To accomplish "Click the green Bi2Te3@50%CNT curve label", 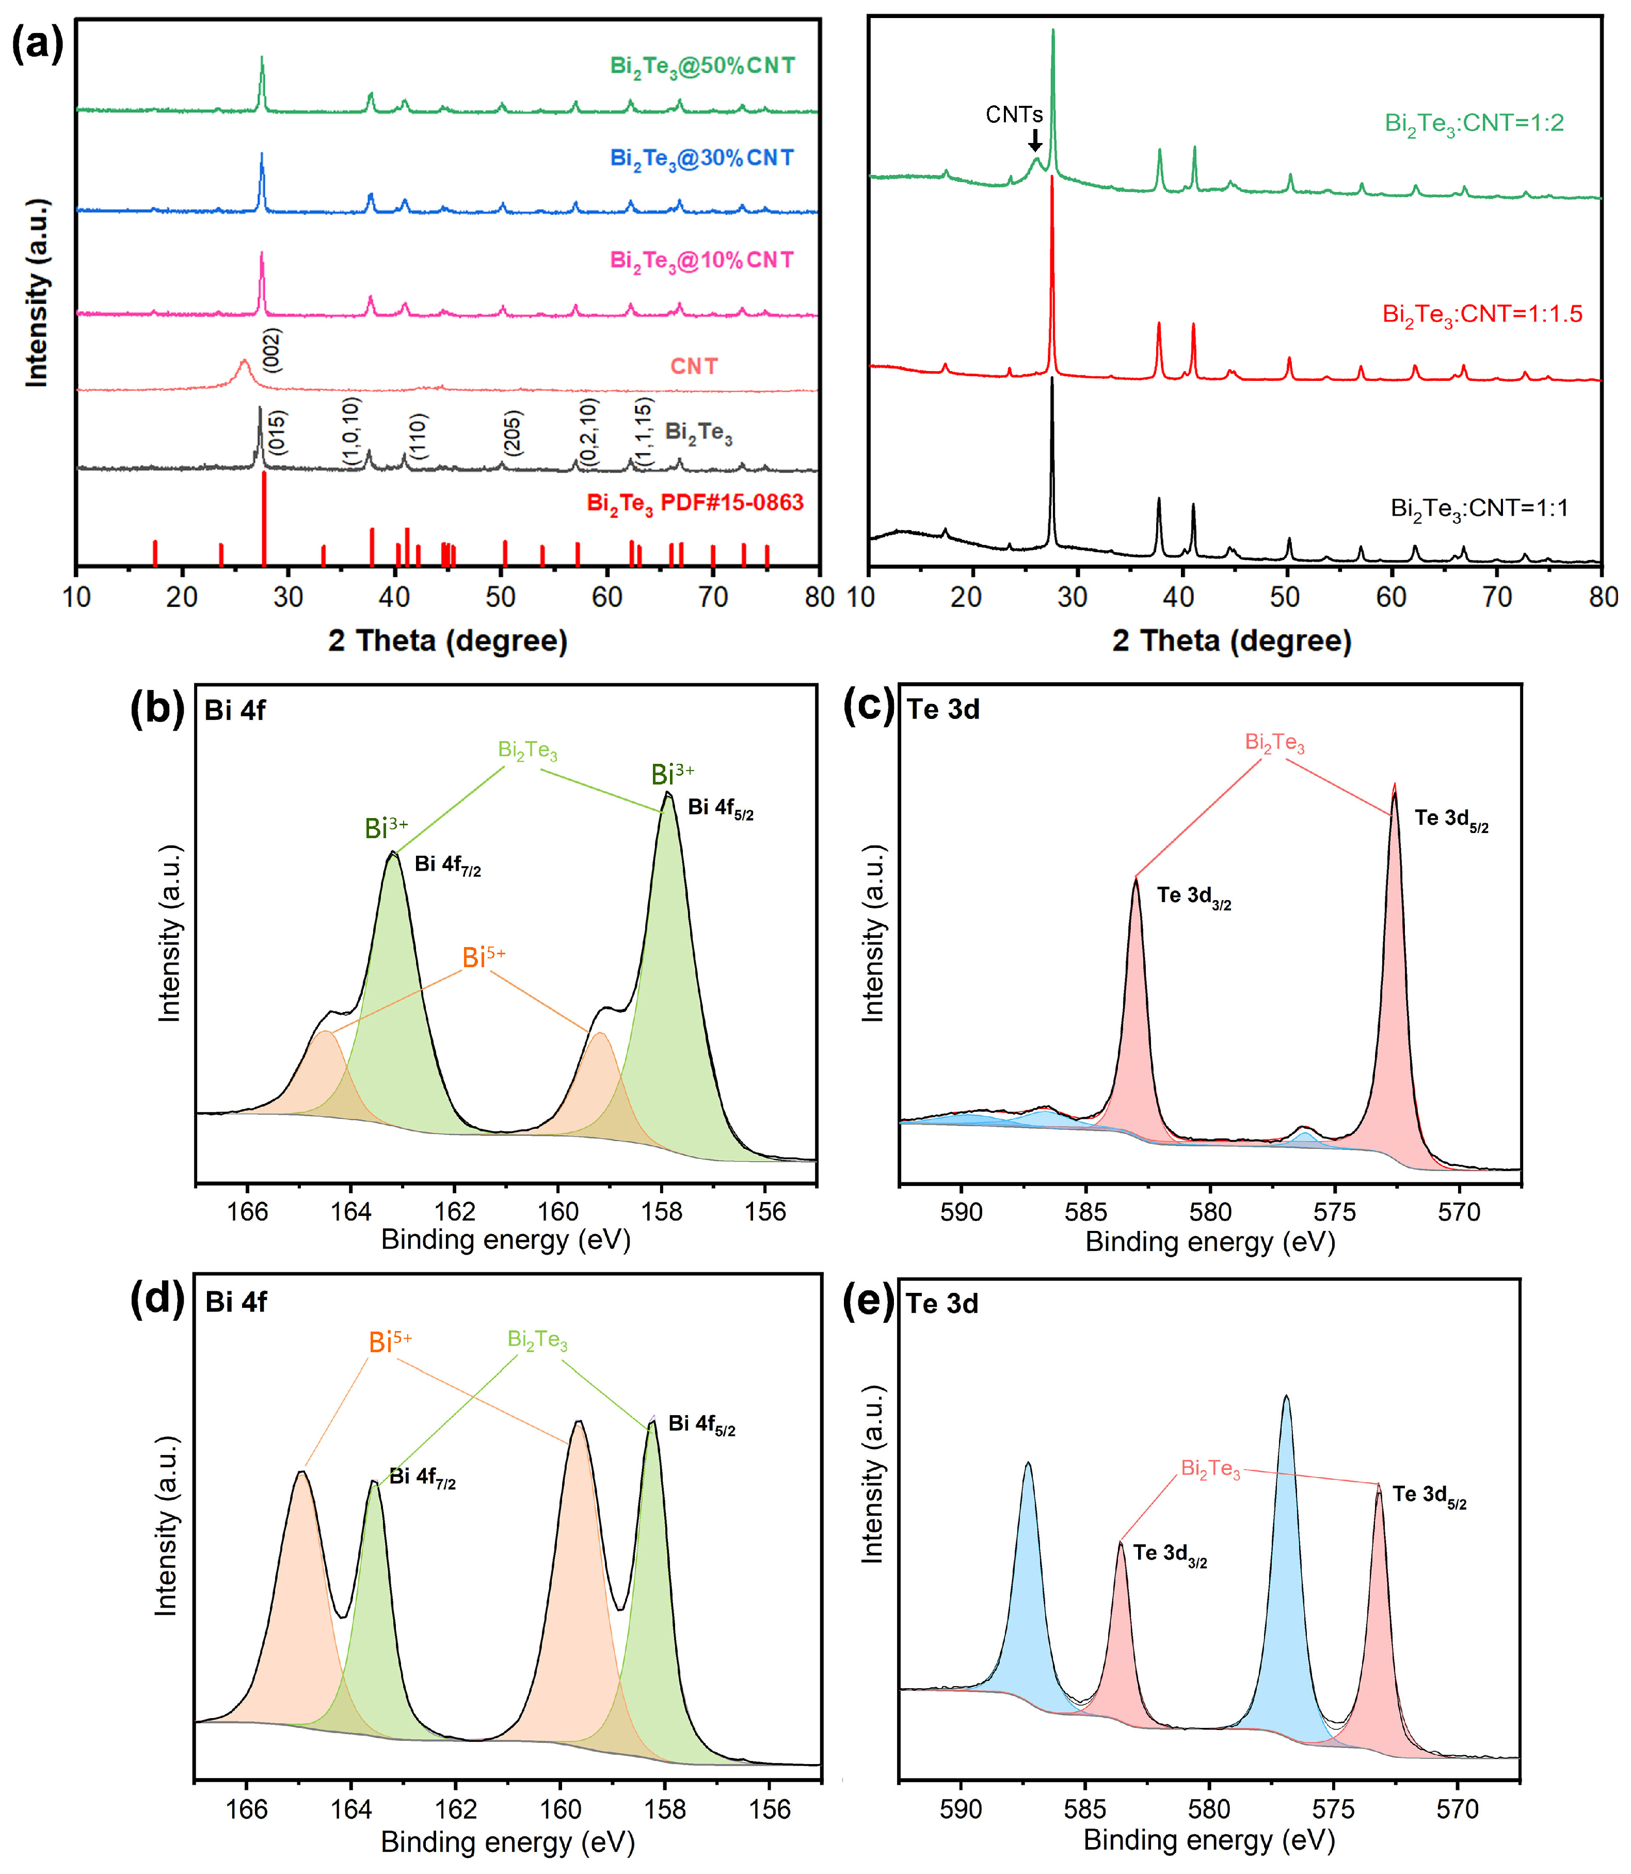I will [702, 67].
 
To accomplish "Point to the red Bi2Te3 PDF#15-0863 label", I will [694, 503].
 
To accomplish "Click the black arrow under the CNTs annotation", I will [1035, 140].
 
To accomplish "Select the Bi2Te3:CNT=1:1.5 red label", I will [1482, 315].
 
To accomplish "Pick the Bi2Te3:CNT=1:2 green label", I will [1474, 123].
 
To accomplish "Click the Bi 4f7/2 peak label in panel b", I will [447, 864].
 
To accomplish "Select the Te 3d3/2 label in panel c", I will [1193, 896].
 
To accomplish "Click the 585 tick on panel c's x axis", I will [1086, 1212].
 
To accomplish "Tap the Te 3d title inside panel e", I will [942, 1304].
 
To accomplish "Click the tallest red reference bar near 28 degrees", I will [264, 517].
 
